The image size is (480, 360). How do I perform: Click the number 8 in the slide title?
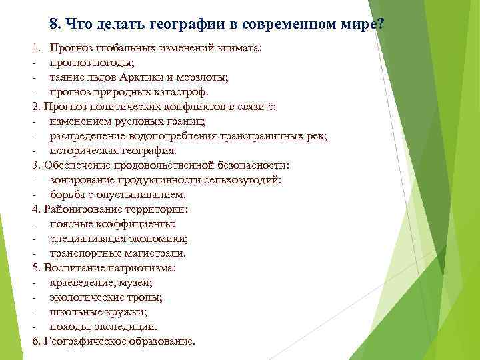(x=54, y=24)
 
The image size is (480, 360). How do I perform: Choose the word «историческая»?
(x=82, y=150)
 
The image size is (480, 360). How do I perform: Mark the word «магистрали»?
(x=153, y=253)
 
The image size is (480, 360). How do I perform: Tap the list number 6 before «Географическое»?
(x=35, y=341)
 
